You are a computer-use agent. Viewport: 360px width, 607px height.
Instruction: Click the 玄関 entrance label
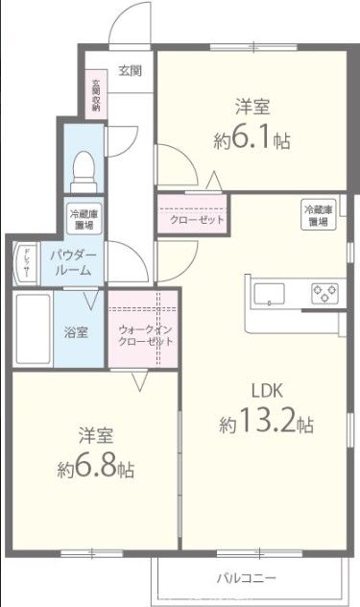[131, 70]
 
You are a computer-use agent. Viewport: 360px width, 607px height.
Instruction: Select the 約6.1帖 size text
[252, 139]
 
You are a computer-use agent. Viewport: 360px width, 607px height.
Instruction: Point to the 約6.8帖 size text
[95, 470]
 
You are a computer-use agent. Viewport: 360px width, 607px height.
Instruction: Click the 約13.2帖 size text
[266, 423]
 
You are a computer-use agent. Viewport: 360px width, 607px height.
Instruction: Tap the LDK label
[267, 391]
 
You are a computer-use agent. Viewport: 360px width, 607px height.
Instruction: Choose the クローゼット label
[197, 220]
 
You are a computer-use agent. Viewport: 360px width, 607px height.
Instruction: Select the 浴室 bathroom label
[76, 333]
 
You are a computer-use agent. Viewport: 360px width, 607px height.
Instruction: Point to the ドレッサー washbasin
[26, 265]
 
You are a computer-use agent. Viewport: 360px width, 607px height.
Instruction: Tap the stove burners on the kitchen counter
[322, 291]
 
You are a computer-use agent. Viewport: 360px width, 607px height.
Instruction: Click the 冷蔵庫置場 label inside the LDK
[318, 215]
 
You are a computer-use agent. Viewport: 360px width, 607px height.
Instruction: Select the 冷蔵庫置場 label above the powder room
[81, 218]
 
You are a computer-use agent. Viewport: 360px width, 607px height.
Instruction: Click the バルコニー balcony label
[246, 577]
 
